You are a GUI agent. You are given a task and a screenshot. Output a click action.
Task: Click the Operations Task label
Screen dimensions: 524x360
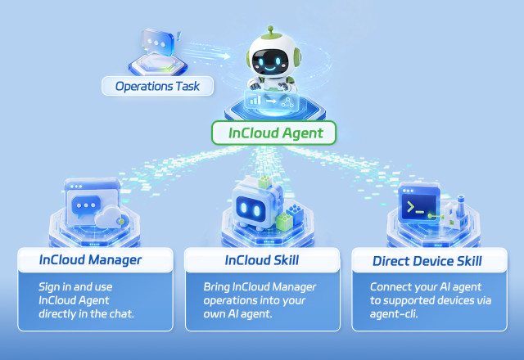click(x=157, y=86)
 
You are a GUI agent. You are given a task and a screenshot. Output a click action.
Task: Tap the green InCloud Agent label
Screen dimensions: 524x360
click(x=273, y=133)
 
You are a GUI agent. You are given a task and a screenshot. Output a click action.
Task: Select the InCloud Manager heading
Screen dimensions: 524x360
click(x=90, y=260)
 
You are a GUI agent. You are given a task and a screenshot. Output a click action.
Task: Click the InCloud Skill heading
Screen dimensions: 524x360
click(x=262, y=260)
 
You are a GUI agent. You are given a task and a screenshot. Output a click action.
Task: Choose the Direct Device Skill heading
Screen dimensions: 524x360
click(x=427, y=261)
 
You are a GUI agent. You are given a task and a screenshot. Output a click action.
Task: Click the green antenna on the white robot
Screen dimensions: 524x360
click(x=271, y=32)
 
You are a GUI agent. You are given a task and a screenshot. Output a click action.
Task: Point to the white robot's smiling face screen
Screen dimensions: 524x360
click(x=270, y=62)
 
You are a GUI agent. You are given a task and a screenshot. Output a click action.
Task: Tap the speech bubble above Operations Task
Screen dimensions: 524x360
click(x=157, y=42)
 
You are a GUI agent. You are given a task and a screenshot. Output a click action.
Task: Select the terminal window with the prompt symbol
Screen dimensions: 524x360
click(x=418, y=202)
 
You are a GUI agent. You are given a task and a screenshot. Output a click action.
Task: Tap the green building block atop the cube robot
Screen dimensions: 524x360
click(x=265, y=182)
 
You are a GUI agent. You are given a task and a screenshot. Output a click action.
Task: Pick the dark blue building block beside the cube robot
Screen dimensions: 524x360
click(x=295, y=211)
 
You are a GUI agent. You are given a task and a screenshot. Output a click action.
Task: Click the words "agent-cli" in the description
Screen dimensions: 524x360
click(x=393, y=314)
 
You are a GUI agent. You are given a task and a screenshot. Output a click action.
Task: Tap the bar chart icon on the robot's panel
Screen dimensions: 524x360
click(x=255, y=100)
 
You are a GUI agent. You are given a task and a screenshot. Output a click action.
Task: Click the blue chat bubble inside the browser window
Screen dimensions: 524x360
click(x=86, y=206)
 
